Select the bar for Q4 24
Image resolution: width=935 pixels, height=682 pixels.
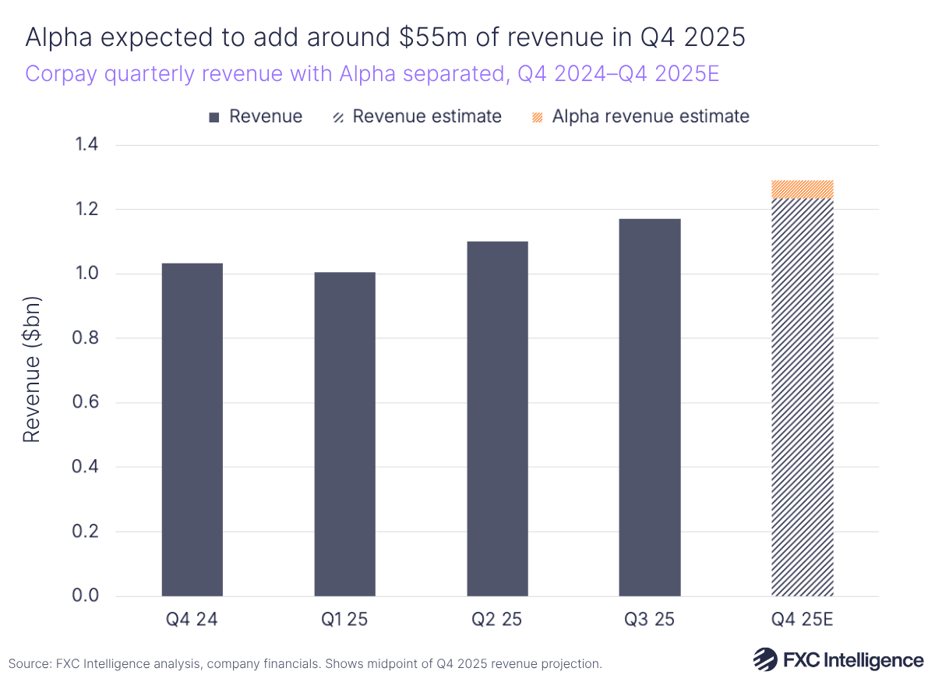[192, 429]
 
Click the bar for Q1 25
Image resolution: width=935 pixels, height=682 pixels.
[344, 434]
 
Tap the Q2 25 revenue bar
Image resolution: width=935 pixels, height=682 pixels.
[497, 419]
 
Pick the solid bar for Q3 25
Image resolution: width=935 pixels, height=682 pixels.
[650, 408]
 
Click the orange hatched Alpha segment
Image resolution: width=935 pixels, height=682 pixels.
[802, 189]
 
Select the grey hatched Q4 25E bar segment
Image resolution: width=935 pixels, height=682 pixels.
[802, 398]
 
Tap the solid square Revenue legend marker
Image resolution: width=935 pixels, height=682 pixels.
[214, 118]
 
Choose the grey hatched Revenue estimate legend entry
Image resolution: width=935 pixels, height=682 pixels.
[416, 117]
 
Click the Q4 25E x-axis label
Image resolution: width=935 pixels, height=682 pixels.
[802, 620]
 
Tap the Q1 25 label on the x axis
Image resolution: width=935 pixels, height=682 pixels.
[344, 620]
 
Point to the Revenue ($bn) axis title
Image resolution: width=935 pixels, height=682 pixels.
[31, 370]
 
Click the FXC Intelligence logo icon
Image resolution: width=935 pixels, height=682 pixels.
[765, 659]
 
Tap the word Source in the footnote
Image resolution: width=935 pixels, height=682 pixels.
[29, 664]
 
